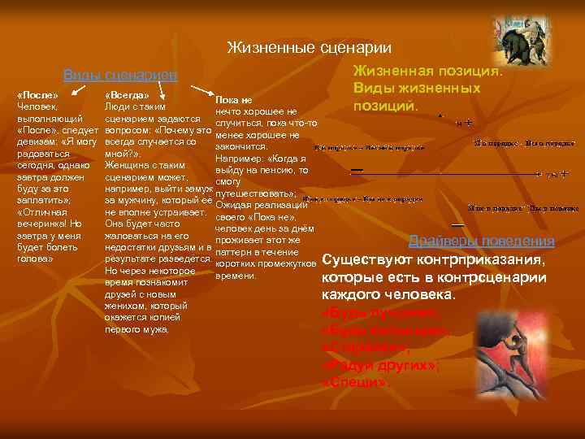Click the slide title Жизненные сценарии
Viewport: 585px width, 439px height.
(x=309, y=48)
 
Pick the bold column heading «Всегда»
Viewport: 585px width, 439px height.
(x=127, y=95)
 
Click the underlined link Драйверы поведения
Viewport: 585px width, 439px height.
(x=481, y=241)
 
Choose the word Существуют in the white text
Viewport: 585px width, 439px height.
(x=362, y=261)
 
